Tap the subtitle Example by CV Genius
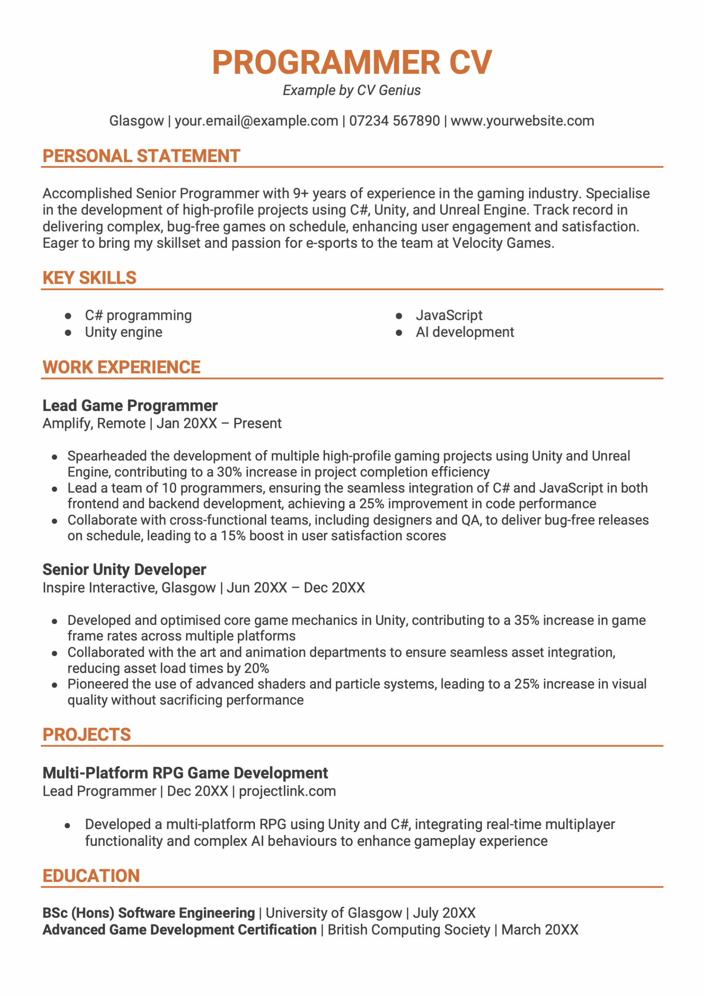click(x=351, y=90)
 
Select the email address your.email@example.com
click(x=256, y=121)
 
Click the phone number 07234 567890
click(x=394, y=121)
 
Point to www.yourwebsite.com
click(x=522, y=121)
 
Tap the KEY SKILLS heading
click(x=90, y=278)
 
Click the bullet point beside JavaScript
click(x=399, y=316)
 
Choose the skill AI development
click(x=464, y=332)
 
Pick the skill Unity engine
click(x=124, y=332)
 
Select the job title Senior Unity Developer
click(x=124, y=570)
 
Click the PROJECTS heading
click(x=86, y=735)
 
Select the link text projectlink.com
click(x=287, y=791)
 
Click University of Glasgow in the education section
click(x=334, y=913)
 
